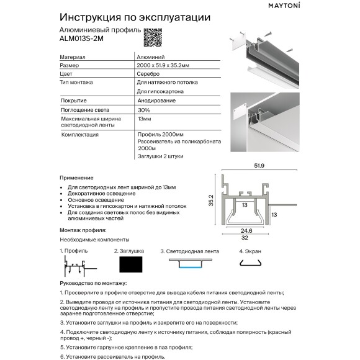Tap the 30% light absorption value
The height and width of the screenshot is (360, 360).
[x=143, y=109]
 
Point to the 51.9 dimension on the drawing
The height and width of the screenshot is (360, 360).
[x=259, y=165]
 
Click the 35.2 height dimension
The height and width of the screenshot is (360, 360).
[x=211, y=202]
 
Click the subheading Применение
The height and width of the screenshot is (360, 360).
[x=76, y=178]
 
